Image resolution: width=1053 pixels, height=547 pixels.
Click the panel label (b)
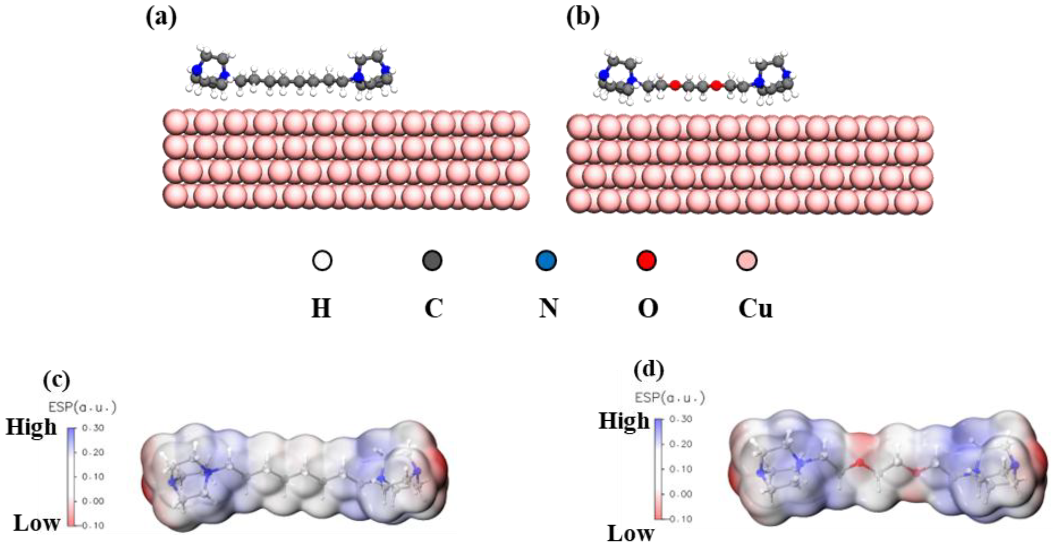tap(583, 18)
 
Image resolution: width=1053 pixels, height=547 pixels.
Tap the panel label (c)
tap(56, 380)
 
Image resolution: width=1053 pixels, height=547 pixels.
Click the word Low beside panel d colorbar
tap(631, 534)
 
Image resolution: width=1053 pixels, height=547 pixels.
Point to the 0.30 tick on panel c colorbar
tap(93, 428)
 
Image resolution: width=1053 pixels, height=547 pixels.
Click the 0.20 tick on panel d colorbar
tap(681, 444)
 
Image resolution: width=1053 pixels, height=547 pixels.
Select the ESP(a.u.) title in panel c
tap(83, 407)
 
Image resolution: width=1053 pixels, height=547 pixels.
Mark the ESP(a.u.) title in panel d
tap(670, 397)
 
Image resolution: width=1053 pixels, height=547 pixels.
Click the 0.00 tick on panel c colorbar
tap(93, 501)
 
